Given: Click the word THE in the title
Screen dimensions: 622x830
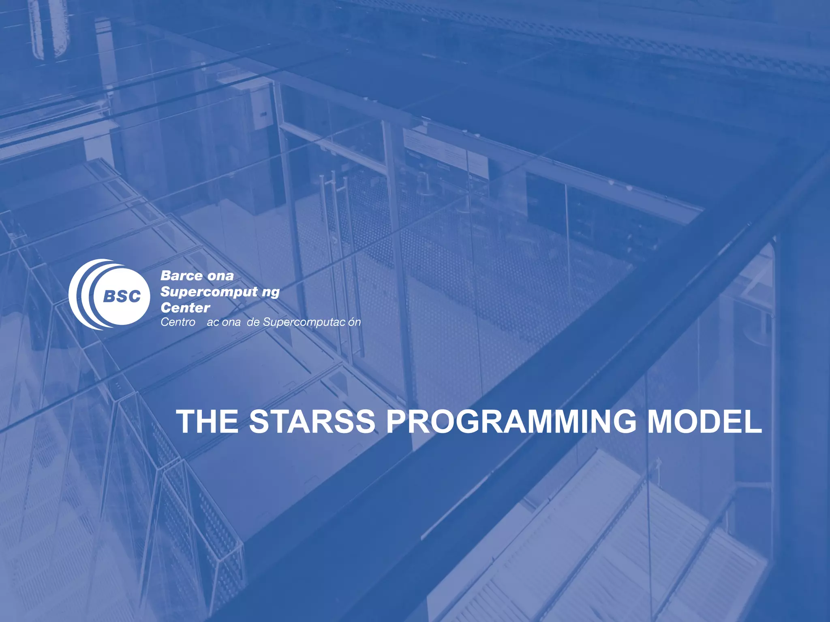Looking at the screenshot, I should click(207, 422).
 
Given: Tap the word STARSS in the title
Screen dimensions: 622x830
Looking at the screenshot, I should click(312, 422).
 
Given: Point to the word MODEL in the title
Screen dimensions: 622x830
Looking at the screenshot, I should click(704, 422).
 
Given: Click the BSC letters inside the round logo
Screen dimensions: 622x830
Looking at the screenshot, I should click(122, 296).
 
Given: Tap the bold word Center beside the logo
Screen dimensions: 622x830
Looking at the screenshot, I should click(185, 308).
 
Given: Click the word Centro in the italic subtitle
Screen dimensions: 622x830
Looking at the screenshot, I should click(178, 322).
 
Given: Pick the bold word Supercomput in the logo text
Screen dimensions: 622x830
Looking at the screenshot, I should click(209, 292).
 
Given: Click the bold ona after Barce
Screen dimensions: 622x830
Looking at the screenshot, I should click(221, 276).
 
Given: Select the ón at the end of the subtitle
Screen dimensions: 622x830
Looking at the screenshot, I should click(354, 322).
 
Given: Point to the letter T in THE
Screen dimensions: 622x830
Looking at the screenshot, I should click(187, 422).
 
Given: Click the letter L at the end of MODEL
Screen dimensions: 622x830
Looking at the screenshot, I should click(753, 422).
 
